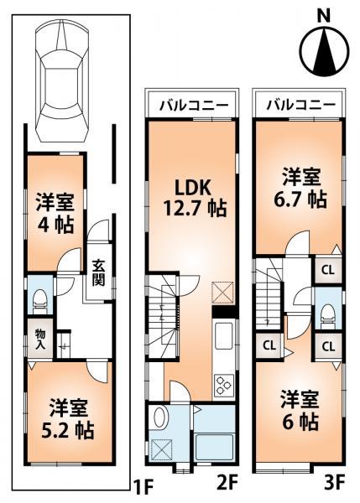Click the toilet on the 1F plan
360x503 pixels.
click(39, 298)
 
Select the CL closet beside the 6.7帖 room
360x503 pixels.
click(327, 270)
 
